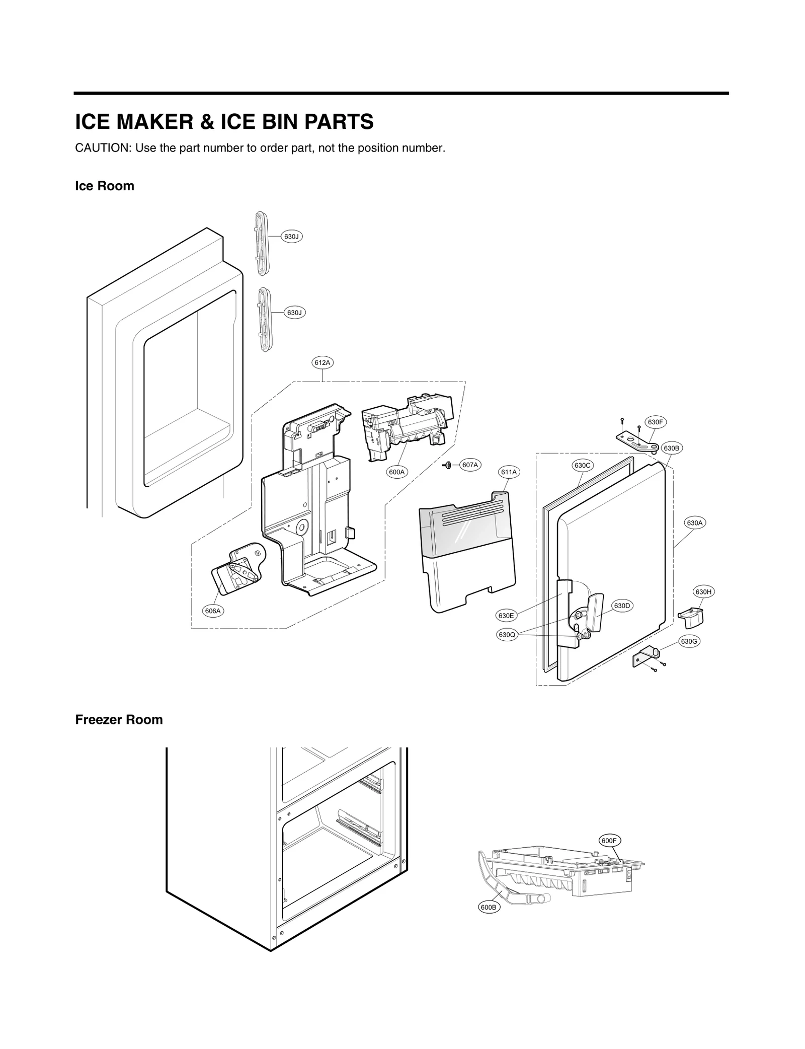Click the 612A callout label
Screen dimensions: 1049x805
click(322, 362)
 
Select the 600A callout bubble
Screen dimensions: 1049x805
click(397, 472)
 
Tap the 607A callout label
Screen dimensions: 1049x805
click(470, 465)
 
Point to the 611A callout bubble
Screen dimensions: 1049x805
click(509, 472)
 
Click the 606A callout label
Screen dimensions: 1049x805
click(213, 611)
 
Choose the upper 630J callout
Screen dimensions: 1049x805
click(292, 236)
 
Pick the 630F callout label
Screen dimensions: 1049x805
click(656, 422)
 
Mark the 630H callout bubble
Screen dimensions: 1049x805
click(703, 592)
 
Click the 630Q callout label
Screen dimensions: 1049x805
click(507, 635)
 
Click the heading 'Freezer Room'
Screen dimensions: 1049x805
click(119, 720)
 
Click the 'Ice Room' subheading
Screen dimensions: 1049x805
click(105, 186)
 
